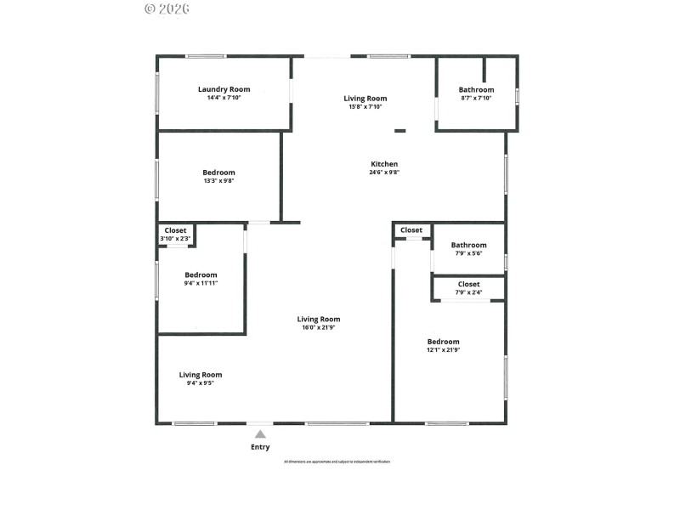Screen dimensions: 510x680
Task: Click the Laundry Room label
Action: point(224,89)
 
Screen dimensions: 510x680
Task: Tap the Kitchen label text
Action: point(384,164)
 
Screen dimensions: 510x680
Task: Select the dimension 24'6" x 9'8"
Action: point(384,173)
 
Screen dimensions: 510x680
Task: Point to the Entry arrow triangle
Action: point(260,434)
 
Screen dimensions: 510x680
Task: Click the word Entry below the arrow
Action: point(260,447)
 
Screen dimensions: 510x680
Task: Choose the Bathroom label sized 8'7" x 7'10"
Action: point(476,90)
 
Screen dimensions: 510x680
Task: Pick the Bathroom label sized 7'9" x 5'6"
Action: point(469,245)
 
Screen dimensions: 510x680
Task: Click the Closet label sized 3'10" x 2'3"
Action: point(176,230)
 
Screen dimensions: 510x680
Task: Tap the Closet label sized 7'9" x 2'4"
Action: point(468,284)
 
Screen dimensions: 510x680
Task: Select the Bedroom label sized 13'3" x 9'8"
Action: point(218,173)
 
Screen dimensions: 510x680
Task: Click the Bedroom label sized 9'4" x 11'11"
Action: point(201,275)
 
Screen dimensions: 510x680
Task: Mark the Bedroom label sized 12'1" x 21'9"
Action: point(443,342)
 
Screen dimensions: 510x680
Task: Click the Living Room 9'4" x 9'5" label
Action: point(201,375)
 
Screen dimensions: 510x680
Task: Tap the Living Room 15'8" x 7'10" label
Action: point(365,99)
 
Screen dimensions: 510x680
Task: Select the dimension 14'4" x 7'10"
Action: point(224,98)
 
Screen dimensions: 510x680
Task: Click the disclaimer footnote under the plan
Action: point(337,462)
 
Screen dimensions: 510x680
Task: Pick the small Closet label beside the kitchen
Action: point(411,230)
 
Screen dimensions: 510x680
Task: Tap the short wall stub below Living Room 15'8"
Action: point(399,131)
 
